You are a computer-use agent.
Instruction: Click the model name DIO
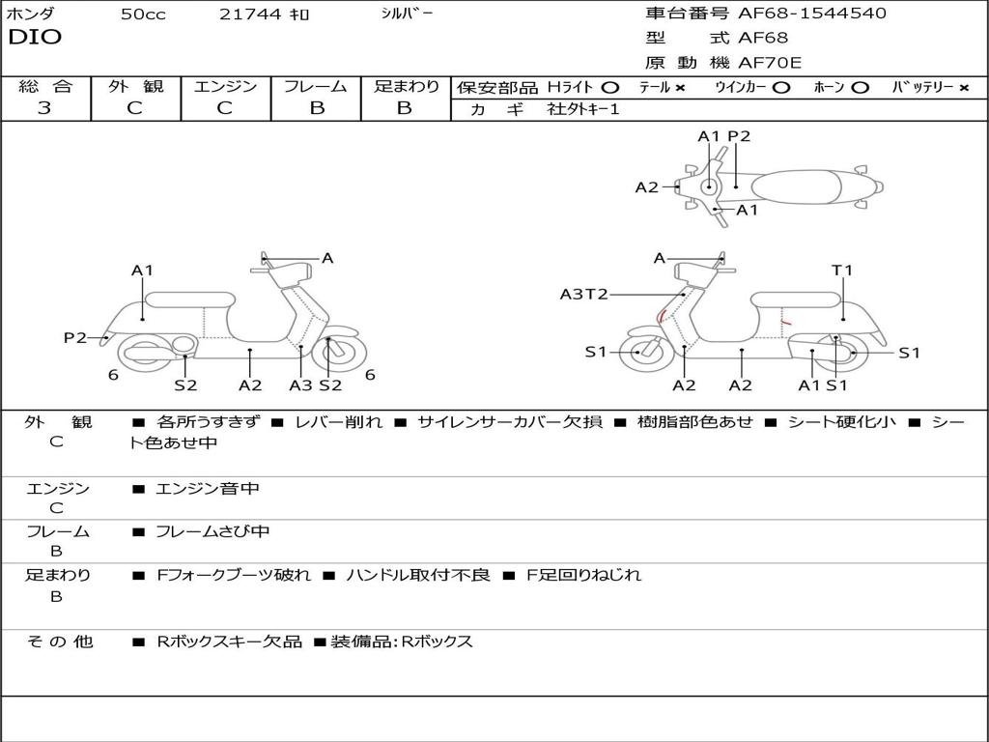[x=35, y=38]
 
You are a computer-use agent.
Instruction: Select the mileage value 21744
[x=251, y=14]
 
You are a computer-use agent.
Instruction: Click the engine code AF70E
[x=770, y=63]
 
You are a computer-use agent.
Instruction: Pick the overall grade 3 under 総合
[x=44, y=108]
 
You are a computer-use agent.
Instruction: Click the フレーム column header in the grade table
[x=316, y=86]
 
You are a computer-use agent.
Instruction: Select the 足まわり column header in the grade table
[x=406, y=86]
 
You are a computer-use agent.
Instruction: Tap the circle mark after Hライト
[x=610, y=87]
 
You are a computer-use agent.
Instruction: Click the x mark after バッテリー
[x=964, y=87]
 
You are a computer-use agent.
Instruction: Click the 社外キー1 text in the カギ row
[x=583, y=109]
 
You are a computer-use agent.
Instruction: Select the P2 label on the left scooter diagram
[x=75, y=337]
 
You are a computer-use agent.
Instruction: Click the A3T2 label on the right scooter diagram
[x=583, y=294]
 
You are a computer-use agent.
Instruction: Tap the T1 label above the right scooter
[x=842, y=271]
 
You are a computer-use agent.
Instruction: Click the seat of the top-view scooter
[x=797, y=186]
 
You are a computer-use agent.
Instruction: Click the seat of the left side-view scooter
[x=189, y=300]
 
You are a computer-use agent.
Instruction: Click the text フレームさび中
[x=212, y=531]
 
